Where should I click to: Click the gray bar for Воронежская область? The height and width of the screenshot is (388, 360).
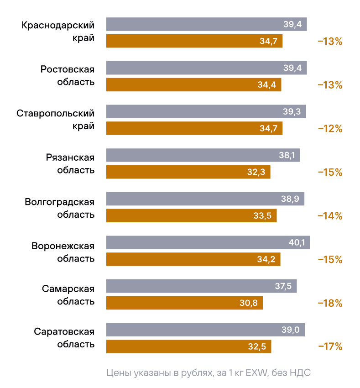click(x=208, y=242)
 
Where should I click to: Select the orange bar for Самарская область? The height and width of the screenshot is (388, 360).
click(x=184, y=303)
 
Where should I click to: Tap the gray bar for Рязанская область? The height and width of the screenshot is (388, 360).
click(x=203, y=155)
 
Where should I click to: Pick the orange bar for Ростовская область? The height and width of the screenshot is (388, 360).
click(x=193, y=85)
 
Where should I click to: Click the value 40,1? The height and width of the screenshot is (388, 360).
click(x=297, y=242)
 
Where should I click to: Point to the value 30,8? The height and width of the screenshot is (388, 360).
click(x=248, y=303)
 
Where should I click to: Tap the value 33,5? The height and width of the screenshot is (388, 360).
click(x=262, y=215)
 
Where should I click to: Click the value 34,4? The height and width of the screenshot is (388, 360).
click(x=267, y=85)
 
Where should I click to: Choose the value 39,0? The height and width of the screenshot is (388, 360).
click(x=291, y=330)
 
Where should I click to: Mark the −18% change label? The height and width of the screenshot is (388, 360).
click(x=330, y=303)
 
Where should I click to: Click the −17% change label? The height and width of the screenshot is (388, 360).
click(x=330, y=347)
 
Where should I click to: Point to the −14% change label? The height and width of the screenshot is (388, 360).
click(x=330, y=216)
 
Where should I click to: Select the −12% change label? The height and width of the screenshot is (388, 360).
click(x=330, y=129)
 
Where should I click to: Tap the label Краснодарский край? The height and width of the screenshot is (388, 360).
click(x=58, y=31)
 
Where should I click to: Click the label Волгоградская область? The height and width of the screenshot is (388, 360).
click(x=60, y=208)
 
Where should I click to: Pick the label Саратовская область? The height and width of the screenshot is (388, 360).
click(x=64, y=338)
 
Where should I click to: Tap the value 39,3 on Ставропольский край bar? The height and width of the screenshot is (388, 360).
click(x=292, y=112)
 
